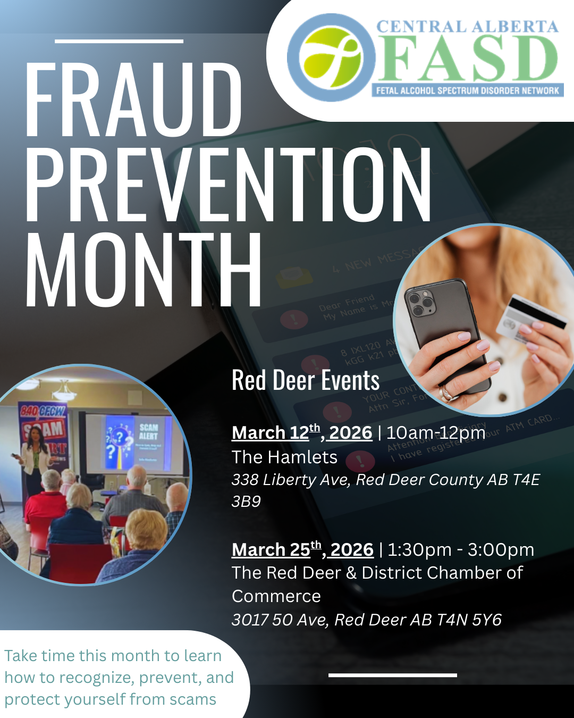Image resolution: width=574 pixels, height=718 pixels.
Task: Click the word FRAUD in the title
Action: [133, 100]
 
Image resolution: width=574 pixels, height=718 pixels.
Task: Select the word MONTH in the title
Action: [143, 270]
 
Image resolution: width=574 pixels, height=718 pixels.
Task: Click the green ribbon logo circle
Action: [331, 57]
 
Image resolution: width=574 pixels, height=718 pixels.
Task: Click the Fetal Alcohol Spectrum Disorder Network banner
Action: [468, 90]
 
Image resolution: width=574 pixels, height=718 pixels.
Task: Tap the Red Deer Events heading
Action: [306, 381]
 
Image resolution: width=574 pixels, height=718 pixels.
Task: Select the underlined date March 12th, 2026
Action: [301, 432]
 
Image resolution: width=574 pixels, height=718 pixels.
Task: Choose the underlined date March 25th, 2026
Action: [302, 549]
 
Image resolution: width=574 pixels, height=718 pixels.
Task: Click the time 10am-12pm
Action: [436, 433]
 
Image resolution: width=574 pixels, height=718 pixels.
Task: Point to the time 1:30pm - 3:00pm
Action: [461, 549]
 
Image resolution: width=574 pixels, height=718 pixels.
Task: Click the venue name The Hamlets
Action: [284, 457]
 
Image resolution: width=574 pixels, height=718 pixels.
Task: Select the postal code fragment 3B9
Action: [246, 502]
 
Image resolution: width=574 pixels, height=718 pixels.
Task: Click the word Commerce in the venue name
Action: [276, 596]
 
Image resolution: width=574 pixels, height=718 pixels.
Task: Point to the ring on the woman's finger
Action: [446, 394]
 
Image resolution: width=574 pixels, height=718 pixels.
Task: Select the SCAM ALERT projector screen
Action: [139, 443]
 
